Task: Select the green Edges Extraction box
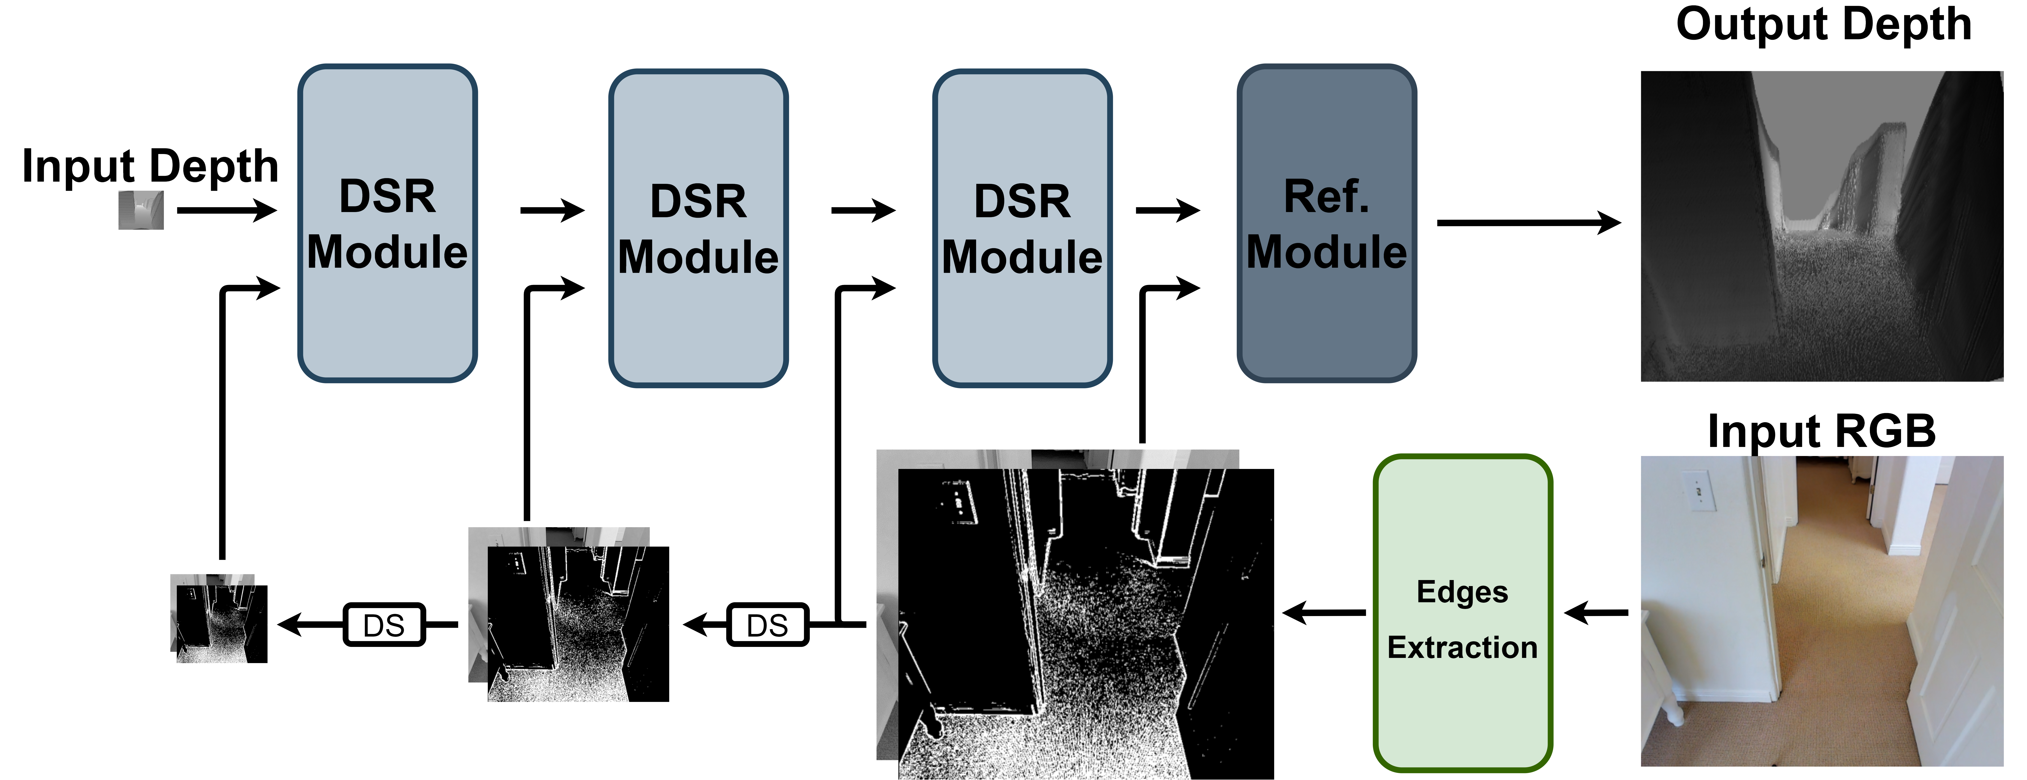click(x=1462, y=613)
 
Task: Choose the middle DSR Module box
click(x=698, y=228)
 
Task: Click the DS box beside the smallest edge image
click(x=384, y=625)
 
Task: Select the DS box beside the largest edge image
click(x=767, y=625)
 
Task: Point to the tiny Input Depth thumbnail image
click(x=141, y=210)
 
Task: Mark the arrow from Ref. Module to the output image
click(x=1527, y=223)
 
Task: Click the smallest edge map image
click(x=220, y=621)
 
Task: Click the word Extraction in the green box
click(x=1462, y=647)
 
